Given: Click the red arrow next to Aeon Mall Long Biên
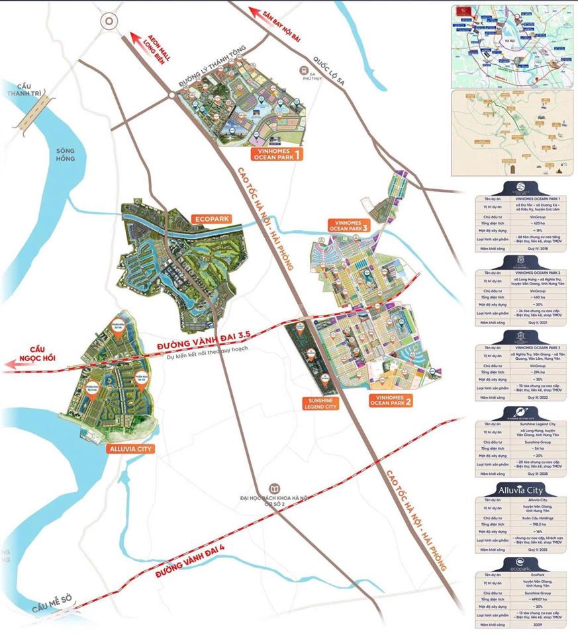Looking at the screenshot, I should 138,38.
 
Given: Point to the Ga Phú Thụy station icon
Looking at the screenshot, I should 303,70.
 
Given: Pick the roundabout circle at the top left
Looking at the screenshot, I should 109,21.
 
